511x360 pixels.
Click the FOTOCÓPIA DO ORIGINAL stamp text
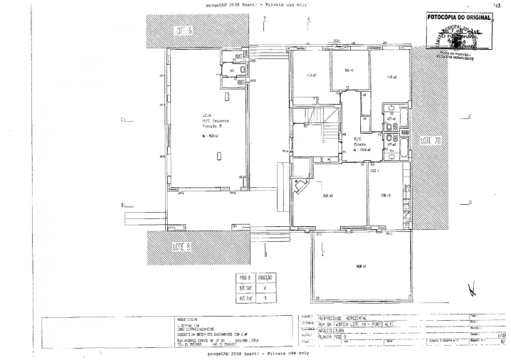point(460,17)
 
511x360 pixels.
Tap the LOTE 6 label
point(183,31)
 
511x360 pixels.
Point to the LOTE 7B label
point(431,140)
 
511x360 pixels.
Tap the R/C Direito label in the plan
point(360,142)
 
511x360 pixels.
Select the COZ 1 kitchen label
point(374,171)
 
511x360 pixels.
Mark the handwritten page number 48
point(498,4)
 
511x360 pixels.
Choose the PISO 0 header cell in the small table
point(245,277)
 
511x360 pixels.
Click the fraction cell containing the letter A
point(265,288)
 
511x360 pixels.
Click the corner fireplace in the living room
point(303,186)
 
